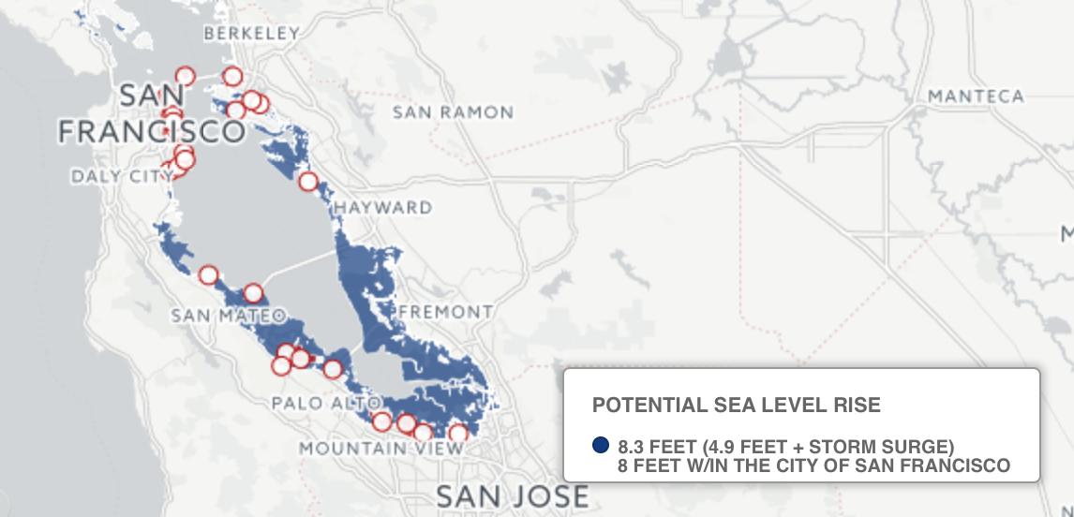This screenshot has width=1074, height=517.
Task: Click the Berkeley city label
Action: [x=252, y=34]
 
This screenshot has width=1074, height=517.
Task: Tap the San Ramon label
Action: [x=453, y=112]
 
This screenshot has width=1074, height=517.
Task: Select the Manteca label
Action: [x=976, y=96]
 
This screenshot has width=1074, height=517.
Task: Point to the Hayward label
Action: [x=383, y=207]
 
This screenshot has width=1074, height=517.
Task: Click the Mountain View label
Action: [x=380, y=449]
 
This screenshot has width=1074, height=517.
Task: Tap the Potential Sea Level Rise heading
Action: [x=737, y=405]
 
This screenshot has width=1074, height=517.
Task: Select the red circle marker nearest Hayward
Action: [x=308, y=182]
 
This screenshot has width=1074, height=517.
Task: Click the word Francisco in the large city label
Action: [x=150, y=131]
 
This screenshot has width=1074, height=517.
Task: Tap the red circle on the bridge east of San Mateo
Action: [x=253, y=293]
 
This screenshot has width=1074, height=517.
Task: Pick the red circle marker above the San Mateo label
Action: [x=208, y=274]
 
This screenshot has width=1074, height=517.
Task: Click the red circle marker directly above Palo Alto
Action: [x=332, y=369]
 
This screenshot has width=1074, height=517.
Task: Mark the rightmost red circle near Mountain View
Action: [x=457, y=433]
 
